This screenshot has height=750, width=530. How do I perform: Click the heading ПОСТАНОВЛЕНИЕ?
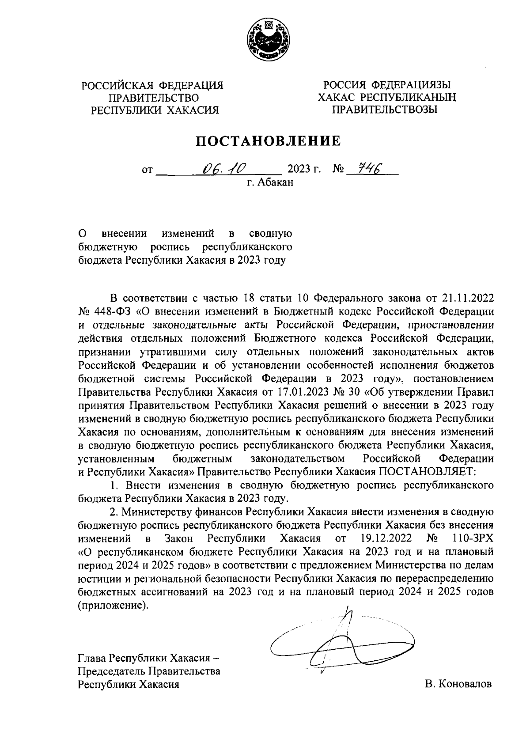coord(269,141)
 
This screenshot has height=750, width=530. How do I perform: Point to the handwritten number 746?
coord(369,168)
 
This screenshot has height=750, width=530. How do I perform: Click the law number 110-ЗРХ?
coord(472,539)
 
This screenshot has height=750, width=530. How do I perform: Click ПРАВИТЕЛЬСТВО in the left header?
coord(154,98)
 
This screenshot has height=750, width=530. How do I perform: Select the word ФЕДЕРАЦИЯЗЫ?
coord(411,84)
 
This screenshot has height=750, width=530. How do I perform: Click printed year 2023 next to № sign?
coord(299,169)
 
